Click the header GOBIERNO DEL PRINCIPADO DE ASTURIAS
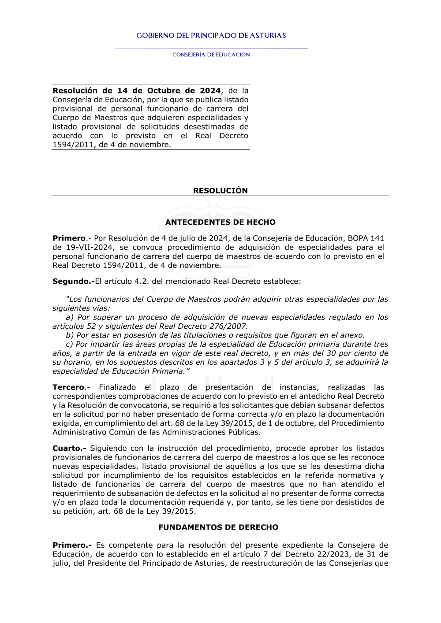pyautogui.click(x=211, y=36)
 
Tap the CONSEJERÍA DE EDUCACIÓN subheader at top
pyautogui.click(x=211, y=55)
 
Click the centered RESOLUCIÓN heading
pyautogui.click(x=220, y=191)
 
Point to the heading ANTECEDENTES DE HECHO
pyautogui.click(x=220, y=222)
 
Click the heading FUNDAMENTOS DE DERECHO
pyautogui.click(x=218, y=527)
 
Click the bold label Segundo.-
pyautogui.click(x=73, y=282)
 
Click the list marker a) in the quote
pyautogui.click(x=70, y=317)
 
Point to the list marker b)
pyautogui.click(x=70, y=335)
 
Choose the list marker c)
pyautogui.click(x=69, y=344)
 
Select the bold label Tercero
pyautogui.click(x=68, y=387)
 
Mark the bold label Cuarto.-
pyautogui.click(x=69, y=449)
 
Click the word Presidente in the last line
pyautogui.click(x=107, y=563)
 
